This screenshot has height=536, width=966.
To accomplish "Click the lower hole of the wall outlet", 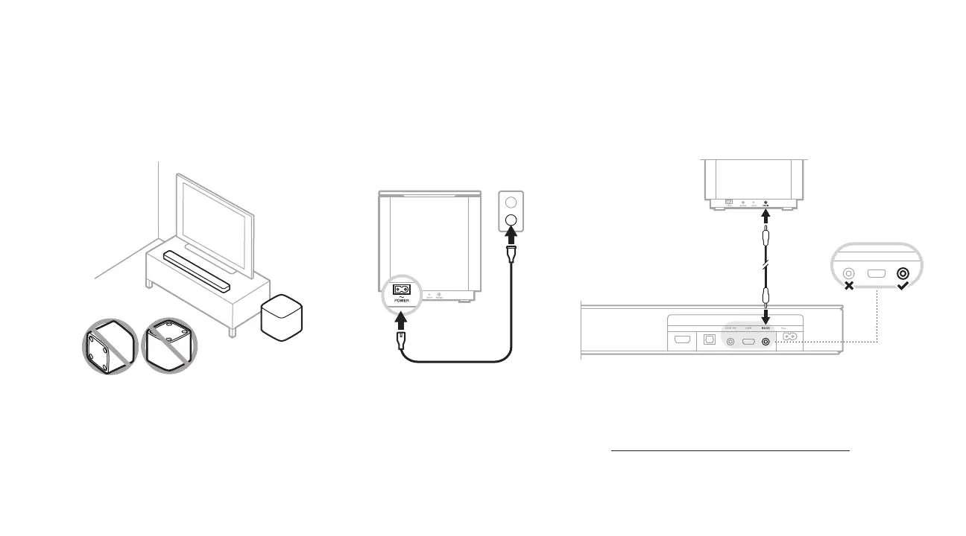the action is [511, 220].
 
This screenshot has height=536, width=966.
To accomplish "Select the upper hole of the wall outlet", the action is [511, 202].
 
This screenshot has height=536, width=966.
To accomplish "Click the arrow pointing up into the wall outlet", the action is [511, 238].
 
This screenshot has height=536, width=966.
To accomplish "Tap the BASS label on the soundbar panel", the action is [765, 327].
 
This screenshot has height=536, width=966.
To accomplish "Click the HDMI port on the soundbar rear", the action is [681, 339].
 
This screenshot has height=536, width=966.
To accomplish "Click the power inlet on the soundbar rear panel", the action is [790, 337].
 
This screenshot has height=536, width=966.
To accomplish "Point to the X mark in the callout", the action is [849, 286].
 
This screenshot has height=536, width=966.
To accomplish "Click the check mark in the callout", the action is [903, 286].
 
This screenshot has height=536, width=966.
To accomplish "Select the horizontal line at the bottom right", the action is [730, 450].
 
